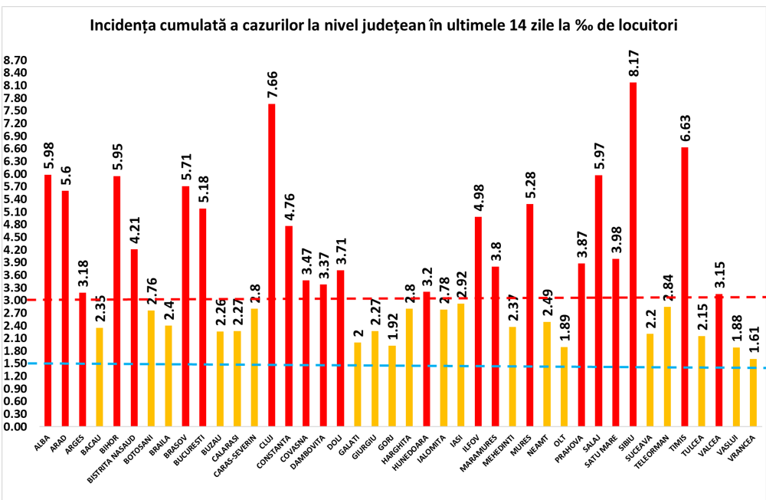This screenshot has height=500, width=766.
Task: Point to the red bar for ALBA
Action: pyautogui.click(x=47, y=299)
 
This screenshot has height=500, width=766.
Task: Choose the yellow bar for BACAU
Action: pyautogui.click(x=99, y=376)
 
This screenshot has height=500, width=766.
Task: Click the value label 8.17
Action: pyautogui.click(x=633, y=62)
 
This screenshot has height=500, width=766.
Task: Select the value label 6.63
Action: pyautogui.click(x=685, y=127)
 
